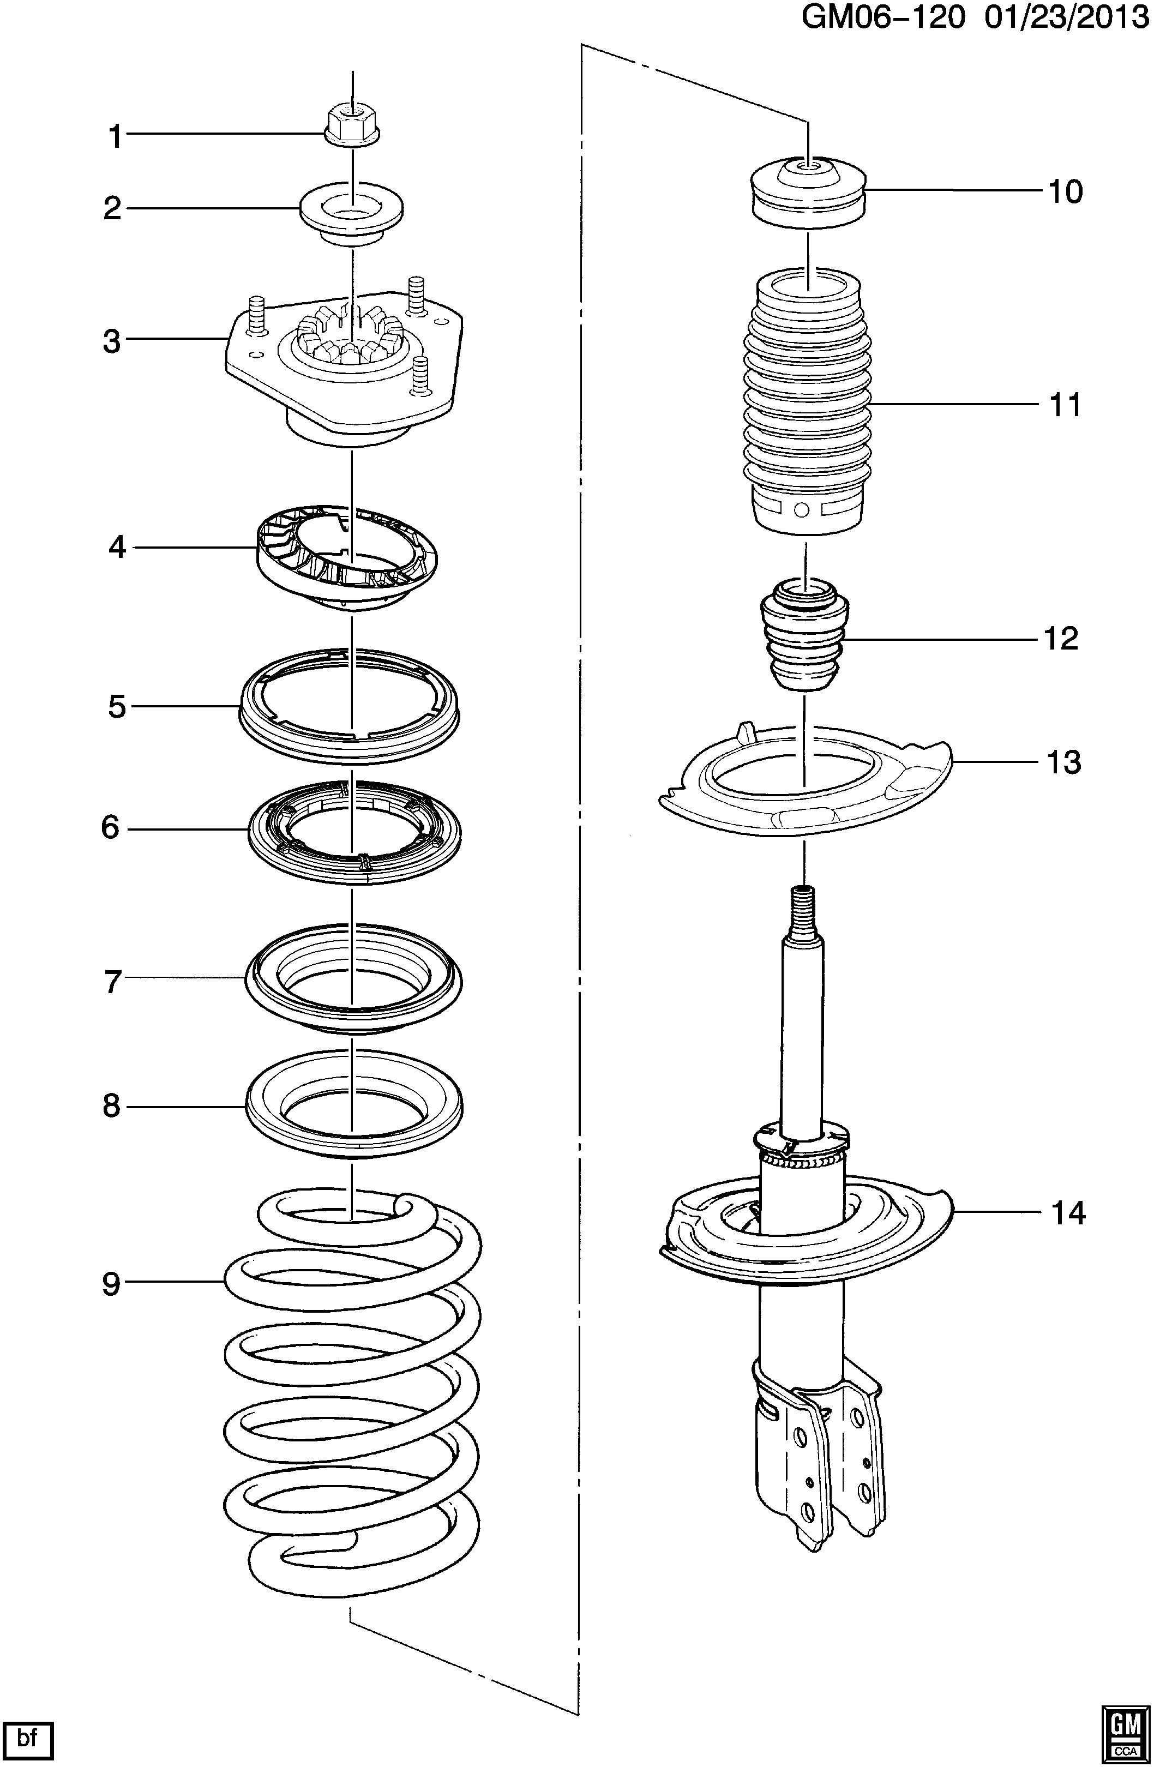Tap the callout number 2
[112, 209]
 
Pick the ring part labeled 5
[350, 706]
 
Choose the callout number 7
[113, 982]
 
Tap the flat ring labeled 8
[353, 1105]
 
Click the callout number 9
[111, 1284]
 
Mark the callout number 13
[1064, 762]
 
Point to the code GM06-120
[883, 18]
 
